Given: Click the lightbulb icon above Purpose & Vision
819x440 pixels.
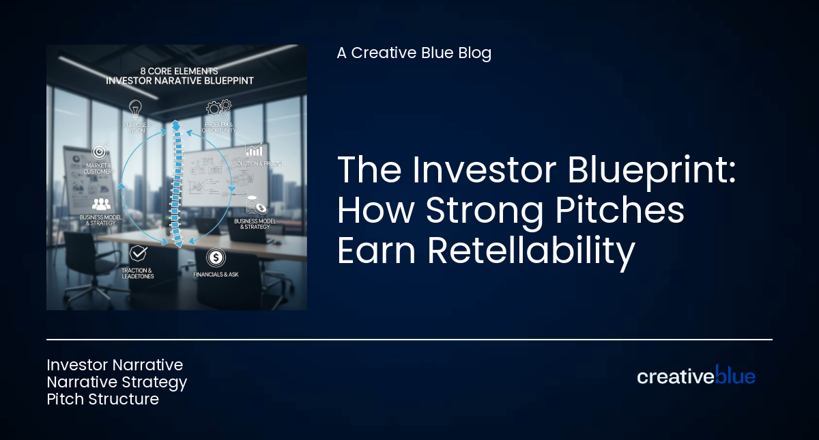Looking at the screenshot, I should click(x=135, y=108).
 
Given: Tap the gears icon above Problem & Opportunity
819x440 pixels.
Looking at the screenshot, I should click(x=218, y=108).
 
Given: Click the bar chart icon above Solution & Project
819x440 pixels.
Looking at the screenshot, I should click(x=255, y=150).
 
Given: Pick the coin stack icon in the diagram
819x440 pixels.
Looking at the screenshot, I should click(x=257, y=205).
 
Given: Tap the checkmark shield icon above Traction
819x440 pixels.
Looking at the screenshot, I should click(x=139, y=253).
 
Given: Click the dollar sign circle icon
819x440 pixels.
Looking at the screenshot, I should click(x=216, y=258).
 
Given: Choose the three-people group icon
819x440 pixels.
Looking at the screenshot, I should click(x=101, y=204).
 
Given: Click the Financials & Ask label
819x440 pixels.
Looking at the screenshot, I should click(x=216, y=274).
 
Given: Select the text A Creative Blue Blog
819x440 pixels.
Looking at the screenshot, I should click(x=414, y=53).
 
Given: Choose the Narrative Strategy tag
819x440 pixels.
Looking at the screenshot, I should click(x=117, y=382).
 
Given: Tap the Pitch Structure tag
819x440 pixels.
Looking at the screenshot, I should click(x=102, y=399).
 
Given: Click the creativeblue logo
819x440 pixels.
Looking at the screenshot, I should click(x=695, y=375).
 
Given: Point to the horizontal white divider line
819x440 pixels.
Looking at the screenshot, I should click(x=409, y=339).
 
